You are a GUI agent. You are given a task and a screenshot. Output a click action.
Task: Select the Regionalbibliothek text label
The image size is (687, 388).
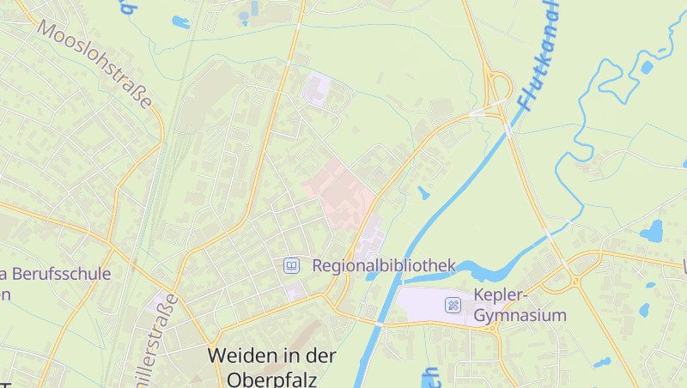[x=384, y=266]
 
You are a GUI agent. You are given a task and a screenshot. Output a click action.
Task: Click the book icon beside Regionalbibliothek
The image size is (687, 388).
[x=292, y=266]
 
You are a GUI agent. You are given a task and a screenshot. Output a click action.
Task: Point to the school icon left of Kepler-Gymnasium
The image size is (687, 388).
[x=453, y=305]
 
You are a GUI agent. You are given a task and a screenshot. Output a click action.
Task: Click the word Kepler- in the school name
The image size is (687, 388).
[x=499, y=295]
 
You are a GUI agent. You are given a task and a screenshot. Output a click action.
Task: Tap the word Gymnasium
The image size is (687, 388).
[x=520, y=315]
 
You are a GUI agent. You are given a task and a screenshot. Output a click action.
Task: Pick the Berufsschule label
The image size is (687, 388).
[x=60, y=275]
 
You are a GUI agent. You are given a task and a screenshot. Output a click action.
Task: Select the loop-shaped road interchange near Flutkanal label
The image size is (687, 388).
[x=498, y=86]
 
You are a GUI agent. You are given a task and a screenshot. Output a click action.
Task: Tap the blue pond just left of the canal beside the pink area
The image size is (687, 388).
[x=423, y=192]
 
